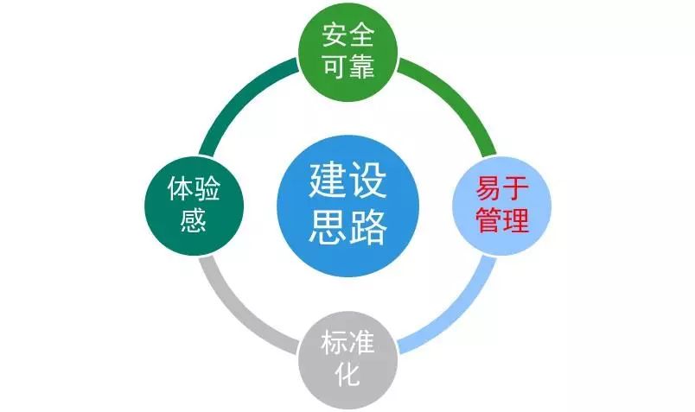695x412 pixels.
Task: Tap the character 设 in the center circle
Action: click(x=367, y=181)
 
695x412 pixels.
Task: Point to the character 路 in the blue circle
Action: click(x=367, y=227)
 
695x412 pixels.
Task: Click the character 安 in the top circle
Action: click(x=335, y=35)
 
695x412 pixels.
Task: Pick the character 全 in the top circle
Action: click(x=361, y=35)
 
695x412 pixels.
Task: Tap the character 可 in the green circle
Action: click(x=335, y=67)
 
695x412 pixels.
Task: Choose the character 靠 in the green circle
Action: click(x=361, y=67)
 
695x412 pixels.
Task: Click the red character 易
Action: click(x=489, y=188)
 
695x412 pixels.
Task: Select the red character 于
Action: click(x=515, y=188)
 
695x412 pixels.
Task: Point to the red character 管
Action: click(x=489, y=220)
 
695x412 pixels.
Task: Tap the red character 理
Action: click(x=515, y=220)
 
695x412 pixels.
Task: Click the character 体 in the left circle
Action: click(x=181, y=188)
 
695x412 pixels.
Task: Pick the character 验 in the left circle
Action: click(x=207, y=188)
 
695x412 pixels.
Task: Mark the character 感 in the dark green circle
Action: click(x=194, y=220)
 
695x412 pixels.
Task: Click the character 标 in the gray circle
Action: click(x=335, y=342)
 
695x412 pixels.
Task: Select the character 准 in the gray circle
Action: click(x=361, y=342)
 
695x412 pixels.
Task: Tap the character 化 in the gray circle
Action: click(x=348, y=374)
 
